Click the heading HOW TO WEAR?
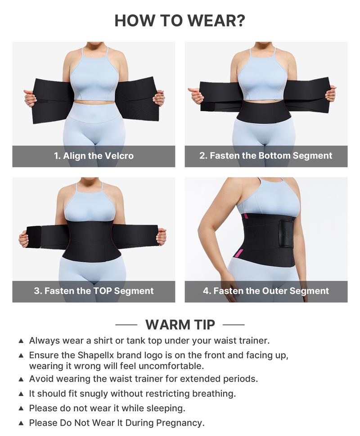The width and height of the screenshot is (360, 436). tap(180, 21)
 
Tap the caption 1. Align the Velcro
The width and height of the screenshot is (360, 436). tap(94, 156)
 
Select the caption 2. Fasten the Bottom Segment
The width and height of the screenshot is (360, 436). tap(265, 156)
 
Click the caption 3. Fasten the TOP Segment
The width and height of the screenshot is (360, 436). tap(94, 291)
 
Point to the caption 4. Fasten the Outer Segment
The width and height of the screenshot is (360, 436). tap(265, 291)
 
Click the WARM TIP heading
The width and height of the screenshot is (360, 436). tap(180, 324)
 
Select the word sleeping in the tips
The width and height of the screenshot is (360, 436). tap(166, 409)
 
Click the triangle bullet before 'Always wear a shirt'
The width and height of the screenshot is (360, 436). tap(21, 341)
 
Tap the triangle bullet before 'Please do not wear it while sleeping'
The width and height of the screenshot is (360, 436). tap(21, 409)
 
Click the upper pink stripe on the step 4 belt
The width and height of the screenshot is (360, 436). tap(245, 217)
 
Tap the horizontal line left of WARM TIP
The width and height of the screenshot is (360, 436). tap(126, 324)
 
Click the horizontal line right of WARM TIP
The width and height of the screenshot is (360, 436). tap(234, 324)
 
